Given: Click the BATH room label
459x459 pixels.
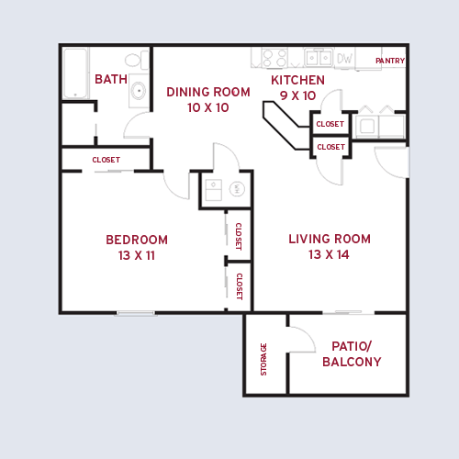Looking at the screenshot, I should (x=111, y=79).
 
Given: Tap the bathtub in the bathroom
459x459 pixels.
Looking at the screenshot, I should (x=74, y=73).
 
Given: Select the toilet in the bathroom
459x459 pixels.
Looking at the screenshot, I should (x=134, y=62).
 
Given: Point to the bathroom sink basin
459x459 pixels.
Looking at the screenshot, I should (x=139, y=90).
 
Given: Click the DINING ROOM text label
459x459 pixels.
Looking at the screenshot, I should (x=208, y=92).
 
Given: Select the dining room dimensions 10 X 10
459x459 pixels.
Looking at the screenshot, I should (x=208, y=107).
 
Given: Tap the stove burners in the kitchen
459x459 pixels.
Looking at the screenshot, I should (x=274, y=57).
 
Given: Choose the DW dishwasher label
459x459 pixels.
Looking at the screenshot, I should (x=344, y=58).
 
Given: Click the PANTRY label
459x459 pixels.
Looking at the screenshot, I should (x=390, y=62).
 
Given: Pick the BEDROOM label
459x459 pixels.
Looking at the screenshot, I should (x=136, y=240).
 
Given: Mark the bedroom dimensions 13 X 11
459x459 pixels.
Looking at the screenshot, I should (x=136, y=255).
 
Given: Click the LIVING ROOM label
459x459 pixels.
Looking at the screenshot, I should (x=330, y=239).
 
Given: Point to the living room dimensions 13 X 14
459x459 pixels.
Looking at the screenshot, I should (x=330, y=254).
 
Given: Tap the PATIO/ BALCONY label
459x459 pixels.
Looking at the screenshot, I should (x=351, y=354).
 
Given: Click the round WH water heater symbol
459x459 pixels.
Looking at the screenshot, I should (x=235, y=189).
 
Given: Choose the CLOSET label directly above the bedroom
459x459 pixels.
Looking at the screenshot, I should (x=106, y=160).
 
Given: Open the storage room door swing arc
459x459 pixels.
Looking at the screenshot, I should (x=301, y=341).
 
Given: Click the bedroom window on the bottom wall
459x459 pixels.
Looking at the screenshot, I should (x=136, y=313).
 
